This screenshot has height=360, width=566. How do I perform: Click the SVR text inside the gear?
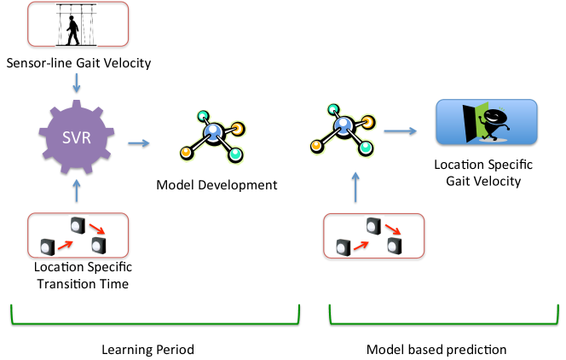click(x=77, y=136)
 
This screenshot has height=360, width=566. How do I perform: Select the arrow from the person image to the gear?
click(x=77, y=82)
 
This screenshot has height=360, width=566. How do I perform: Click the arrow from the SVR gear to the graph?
click(x=139, y=142)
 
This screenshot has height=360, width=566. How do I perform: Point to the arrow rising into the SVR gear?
click(x=77, y=189)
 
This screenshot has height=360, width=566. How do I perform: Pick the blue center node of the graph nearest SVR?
click(x=213, y=131)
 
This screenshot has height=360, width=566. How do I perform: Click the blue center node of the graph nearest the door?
click(x=344, y=125)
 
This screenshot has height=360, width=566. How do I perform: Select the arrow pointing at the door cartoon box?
click(x=400, y=131)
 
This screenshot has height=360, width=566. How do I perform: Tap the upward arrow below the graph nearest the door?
click(x=355, y=186)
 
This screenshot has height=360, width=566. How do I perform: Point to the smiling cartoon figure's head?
click(x=495, y=118)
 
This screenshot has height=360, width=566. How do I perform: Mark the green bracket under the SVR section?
click(x=155, y=322)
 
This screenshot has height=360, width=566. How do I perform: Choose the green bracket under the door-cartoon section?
click(x=443, y=322)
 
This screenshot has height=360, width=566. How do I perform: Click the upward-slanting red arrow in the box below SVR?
click(x=66, y=244)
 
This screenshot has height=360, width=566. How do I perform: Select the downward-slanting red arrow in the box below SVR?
click(x=97, y=229)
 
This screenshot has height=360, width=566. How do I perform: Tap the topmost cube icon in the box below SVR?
click(x=78, y=225)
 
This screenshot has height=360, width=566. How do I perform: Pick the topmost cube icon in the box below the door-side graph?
click(x=373, y=225)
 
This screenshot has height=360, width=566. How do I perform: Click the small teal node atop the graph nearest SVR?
click(x=203, y=116)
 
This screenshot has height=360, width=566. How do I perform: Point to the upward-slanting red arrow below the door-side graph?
click(x=361, y=245)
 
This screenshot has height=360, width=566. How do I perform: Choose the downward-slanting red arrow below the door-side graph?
click(x=393, y=229)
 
